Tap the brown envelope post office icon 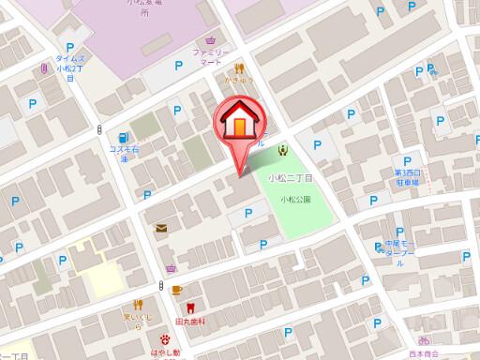161,228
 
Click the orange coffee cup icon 176,288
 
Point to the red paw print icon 165,339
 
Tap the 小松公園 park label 295,199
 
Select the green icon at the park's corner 282,150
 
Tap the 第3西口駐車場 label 409,177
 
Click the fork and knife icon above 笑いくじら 138,304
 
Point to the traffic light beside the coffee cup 161,286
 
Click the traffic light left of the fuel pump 100,135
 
